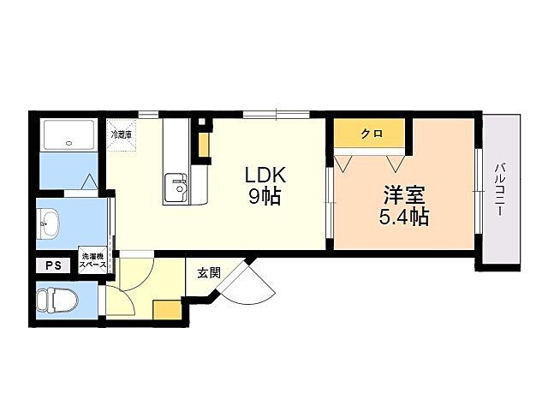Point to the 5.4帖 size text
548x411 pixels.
tap(404, 217)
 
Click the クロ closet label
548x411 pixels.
tap(371, 134)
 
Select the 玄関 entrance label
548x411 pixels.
tap(209, 273)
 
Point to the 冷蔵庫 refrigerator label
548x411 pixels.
tap(120, 134)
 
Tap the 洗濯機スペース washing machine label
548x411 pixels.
tap(93, 260)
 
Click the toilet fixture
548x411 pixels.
tap(57, 301)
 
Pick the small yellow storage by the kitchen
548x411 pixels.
tap(204, 146)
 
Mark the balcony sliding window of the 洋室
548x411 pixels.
tap(479, 190)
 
